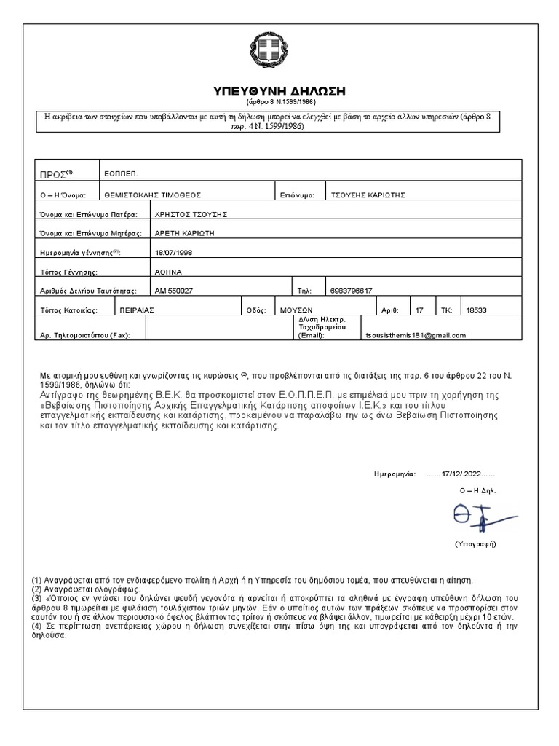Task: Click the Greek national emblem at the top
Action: click(x=279, y=52)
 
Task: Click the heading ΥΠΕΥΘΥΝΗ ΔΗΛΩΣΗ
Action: click(x=279, y=91)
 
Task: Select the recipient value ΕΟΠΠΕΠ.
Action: click(x=121, y=173)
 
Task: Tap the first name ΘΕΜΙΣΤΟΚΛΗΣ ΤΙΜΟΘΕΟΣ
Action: click(x=153, y=195)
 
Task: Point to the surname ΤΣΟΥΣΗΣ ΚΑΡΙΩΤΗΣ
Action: click(x=368, y=195)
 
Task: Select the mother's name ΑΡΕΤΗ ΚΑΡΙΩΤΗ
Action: click(x=185, y=234)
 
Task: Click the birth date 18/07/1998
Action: click(x=175, y=252)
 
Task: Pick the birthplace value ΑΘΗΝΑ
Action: click(x=168, y=271)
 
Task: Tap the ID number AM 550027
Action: click(x=175, y=291)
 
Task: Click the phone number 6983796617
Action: click(x=351, y=291)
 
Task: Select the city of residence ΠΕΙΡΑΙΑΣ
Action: click(x=138, y=310)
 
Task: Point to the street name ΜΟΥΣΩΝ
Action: click(x=296, y=310)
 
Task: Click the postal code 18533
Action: click(x=476, y=310)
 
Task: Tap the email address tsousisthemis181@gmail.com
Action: click(x=416, y=335)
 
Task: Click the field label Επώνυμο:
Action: click(x=297, y=195)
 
